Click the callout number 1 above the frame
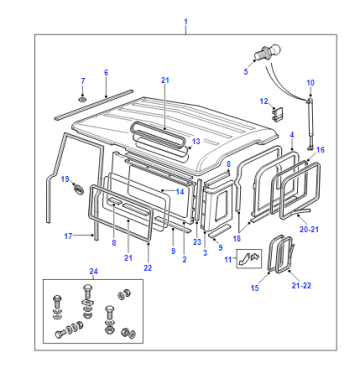point(186,22)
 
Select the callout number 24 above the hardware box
point(94,271)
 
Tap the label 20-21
point(309,229)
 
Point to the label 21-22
point(301,286)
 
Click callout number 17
point(68,236)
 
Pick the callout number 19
point(65,179)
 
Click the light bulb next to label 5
point(268,53)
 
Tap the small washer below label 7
point(82,99)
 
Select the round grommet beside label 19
point(79,190)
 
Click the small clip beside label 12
point(278,114)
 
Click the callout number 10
point(310,83)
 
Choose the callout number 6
point(106,73)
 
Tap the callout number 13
point(196,141)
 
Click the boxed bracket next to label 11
point(249,258)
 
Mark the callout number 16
point(320,150)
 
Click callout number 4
point(292,135)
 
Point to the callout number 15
point(255,288)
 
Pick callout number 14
point(180,192)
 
